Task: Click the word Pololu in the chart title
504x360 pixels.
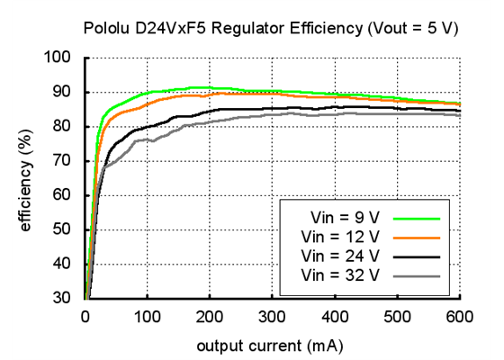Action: (106, 28)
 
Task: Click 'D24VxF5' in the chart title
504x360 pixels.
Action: (165, 28)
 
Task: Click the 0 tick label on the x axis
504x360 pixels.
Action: (85, 316)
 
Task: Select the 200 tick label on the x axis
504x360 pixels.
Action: (210, 316)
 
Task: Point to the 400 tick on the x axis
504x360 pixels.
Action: (335, 316)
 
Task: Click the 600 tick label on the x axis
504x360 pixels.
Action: (460, 316)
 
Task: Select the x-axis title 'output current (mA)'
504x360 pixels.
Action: (273, 344)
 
